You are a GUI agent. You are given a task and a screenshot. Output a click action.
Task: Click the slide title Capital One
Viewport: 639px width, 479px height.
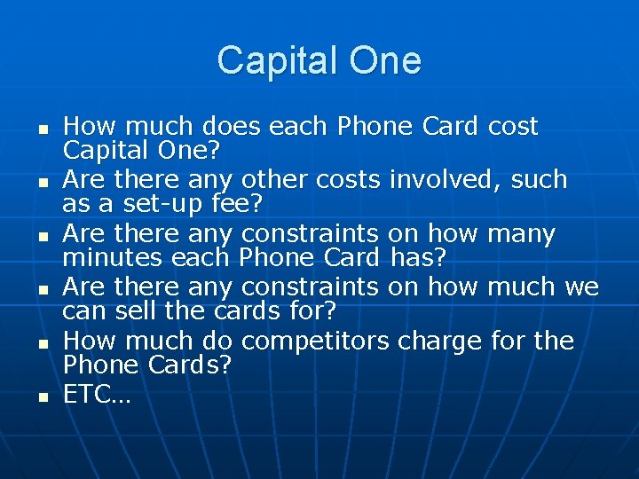coord(319,61)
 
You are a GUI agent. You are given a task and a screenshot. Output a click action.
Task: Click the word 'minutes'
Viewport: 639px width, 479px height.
coord(111,258)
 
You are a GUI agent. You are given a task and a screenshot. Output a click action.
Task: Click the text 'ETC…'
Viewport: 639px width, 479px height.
coord(97,395)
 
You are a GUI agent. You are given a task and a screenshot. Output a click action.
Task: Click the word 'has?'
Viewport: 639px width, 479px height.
coord(418,258)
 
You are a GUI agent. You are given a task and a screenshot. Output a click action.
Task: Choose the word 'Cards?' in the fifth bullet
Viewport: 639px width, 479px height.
coord(189,365)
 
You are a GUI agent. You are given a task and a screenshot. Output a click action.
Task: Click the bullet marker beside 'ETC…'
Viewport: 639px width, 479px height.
coord(42,397)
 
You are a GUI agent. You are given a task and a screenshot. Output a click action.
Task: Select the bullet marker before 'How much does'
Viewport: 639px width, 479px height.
coord(42,129)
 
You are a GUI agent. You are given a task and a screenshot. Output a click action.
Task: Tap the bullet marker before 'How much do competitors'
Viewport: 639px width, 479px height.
coord(42,343)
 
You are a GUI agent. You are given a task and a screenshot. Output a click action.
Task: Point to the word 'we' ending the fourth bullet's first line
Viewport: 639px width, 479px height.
coord(581,288)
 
